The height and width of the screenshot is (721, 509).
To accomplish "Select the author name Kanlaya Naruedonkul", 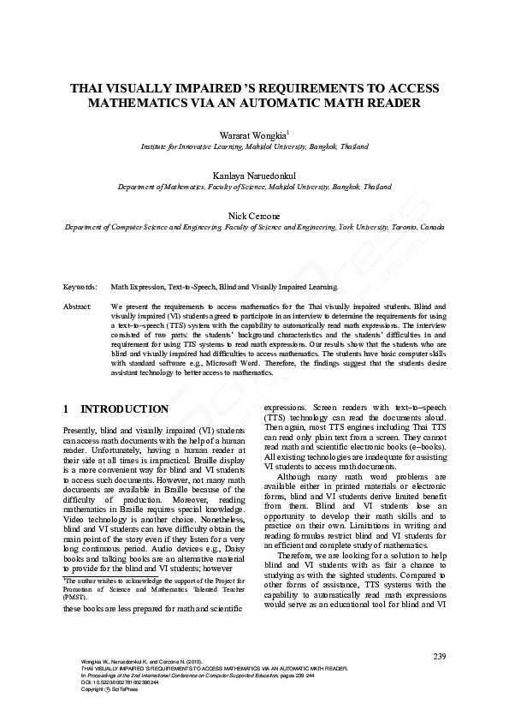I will (x=254, y=175).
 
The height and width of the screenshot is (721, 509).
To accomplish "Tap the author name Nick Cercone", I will (x=254, y=215).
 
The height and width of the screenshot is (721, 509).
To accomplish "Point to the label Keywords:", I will (x=80, y=287).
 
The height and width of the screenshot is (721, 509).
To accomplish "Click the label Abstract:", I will (x=80, y=306).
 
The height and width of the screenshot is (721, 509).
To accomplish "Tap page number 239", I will (x=440, y=656).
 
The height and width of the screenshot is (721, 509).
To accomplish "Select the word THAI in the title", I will (x=87, y=88).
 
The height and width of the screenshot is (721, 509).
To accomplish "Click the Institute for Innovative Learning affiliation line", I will (x=254, y=147).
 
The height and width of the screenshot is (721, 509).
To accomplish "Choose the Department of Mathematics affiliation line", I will (x=254, y=187).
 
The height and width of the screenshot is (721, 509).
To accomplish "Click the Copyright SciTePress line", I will (x=94, y=688).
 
